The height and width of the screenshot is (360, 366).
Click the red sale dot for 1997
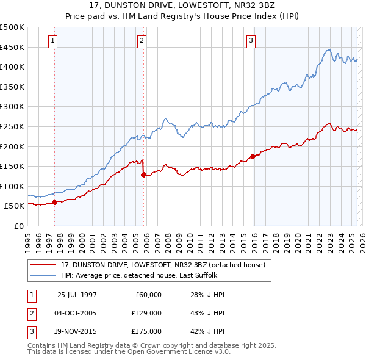(x=55, y=202)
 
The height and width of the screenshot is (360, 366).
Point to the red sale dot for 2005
(x=143, y=175)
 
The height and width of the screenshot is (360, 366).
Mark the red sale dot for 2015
(x=253, y=156)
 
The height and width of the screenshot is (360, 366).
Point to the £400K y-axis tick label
(x=12, y=67)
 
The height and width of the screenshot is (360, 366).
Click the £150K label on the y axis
(x=12, y=166)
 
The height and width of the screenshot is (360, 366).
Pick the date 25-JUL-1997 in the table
(x=77, y=295)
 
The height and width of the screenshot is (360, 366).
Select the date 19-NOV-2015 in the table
(x=77, y=331)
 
